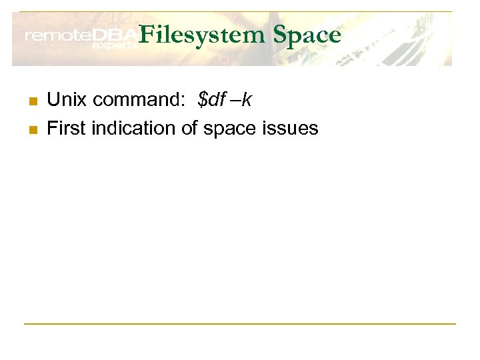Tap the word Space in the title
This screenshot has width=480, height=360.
point(307,35)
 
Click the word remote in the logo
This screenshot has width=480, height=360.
point(57,37)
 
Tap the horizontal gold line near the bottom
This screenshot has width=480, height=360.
point(240,324)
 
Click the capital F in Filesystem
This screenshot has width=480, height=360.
point(147,35)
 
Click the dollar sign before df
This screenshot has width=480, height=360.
point(203,100)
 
